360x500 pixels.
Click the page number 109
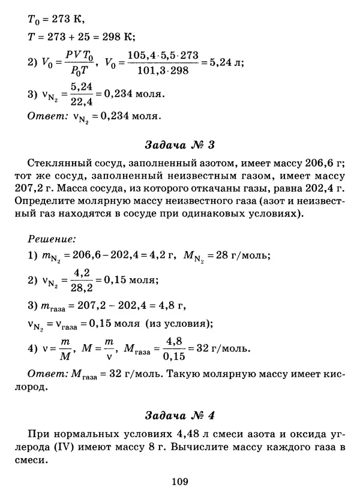tap(180, 481)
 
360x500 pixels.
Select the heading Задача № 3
tap(180, 146)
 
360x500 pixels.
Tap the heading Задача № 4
tap(180, 415)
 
